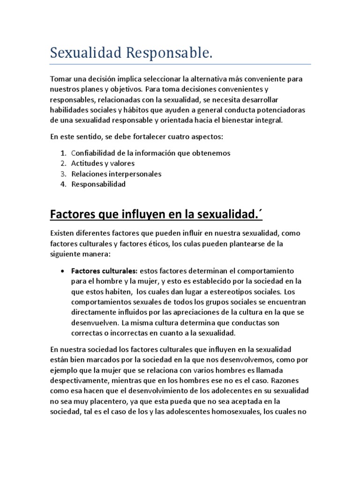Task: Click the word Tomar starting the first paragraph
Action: coord(61,79)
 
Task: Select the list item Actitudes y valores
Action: coord(103,164)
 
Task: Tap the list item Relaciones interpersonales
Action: coord(116,174)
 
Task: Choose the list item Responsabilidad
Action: coord(98,184)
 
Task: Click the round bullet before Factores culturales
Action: coord(63,271)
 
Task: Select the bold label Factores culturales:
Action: coord(104,271)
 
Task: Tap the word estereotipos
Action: coord(221,292)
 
